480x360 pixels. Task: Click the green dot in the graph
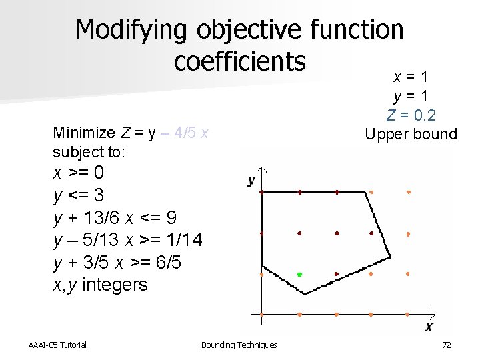tap(299, 274)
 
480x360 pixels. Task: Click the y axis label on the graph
tap(251, 180)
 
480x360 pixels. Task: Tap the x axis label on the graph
tap(429, 326)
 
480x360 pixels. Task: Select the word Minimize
tap(84, 133)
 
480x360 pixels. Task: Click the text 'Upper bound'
tap(411, 134)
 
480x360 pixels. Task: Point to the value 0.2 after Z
tap(423, 115)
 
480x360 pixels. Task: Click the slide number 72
tap(447, 345)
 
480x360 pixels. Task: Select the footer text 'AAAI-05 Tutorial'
tap(57, 345)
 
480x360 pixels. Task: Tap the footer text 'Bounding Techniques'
tap(239, 345)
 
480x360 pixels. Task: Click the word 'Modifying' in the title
tap(131, 30)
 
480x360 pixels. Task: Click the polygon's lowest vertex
tap(305, 293)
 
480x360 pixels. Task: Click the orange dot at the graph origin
tap(262, 314)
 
